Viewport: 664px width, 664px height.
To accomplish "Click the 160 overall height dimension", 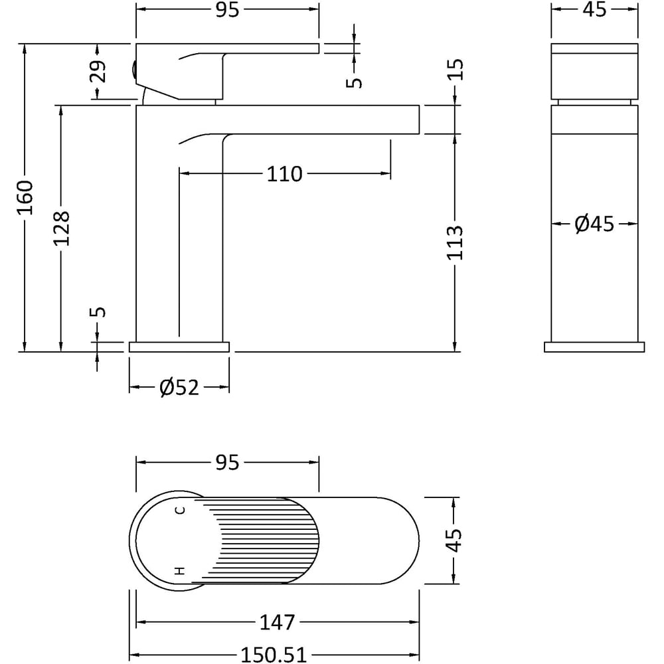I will click(x=25, y=197).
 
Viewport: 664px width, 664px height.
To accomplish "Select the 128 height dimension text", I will click(x=61, y=228).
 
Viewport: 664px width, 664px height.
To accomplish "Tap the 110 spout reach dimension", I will click(x=284, y=174).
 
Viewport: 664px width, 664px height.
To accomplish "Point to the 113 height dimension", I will click(x=455, y=242).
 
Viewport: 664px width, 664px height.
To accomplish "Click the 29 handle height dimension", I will click(x=98, y=72).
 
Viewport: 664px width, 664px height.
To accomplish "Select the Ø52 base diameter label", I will click(x=179, y=387).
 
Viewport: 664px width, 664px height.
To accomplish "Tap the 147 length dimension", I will click(x=277, y=623).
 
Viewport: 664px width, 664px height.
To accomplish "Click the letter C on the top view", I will click(x=179, y=510).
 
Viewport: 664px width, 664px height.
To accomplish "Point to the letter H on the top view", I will click(x=179, y=570).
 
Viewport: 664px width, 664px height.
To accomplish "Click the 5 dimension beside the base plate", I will click(x=98, y=312).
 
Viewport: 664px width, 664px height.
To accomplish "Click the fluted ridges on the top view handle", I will click(x=266, y=540).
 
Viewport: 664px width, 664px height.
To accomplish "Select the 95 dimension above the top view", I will click(x=227, y=463).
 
